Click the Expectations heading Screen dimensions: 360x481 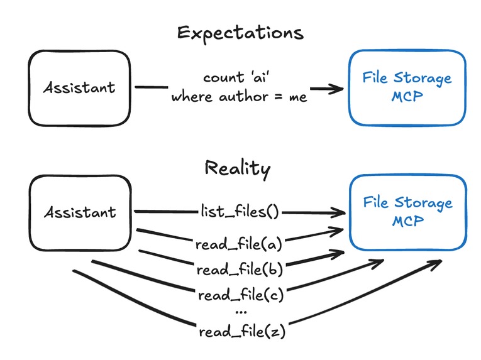tap(240, 33)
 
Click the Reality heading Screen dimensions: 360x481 tap(238, 168)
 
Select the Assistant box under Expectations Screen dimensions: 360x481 tap(79, 87)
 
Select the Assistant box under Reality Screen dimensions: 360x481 tap(79, 212)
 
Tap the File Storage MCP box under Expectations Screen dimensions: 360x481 tap(407, 87)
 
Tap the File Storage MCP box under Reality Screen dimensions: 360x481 tap(407, 212)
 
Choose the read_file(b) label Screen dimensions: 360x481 tap(240, 270)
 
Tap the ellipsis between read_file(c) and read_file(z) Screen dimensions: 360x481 tap(240, 311)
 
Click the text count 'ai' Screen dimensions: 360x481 tap(240, 78)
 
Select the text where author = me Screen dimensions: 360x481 tap(240, 97)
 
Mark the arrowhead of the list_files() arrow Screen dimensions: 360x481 tap(340, 212)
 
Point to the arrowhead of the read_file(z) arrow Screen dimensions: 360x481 tap(436, 266)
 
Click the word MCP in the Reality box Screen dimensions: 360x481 tap(407, 221)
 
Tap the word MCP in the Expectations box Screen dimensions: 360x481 tap(407, 97)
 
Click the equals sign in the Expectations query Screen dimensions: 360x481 tap(280, 97)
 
